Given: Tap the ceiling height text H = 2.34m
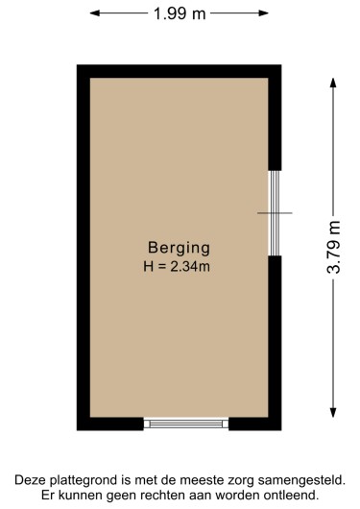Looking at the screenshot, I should pos(179,265).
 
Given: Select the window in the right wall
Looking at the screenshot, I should pos(274,212).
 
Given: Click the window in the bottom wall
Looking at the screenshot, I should pos(185,424).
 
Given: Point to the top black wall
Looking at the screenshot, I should pos(179,71).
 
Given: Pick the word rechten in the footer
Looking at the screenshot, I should pos(163,495).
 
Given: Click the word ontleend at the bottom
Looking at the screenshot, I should pos(288,495).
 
